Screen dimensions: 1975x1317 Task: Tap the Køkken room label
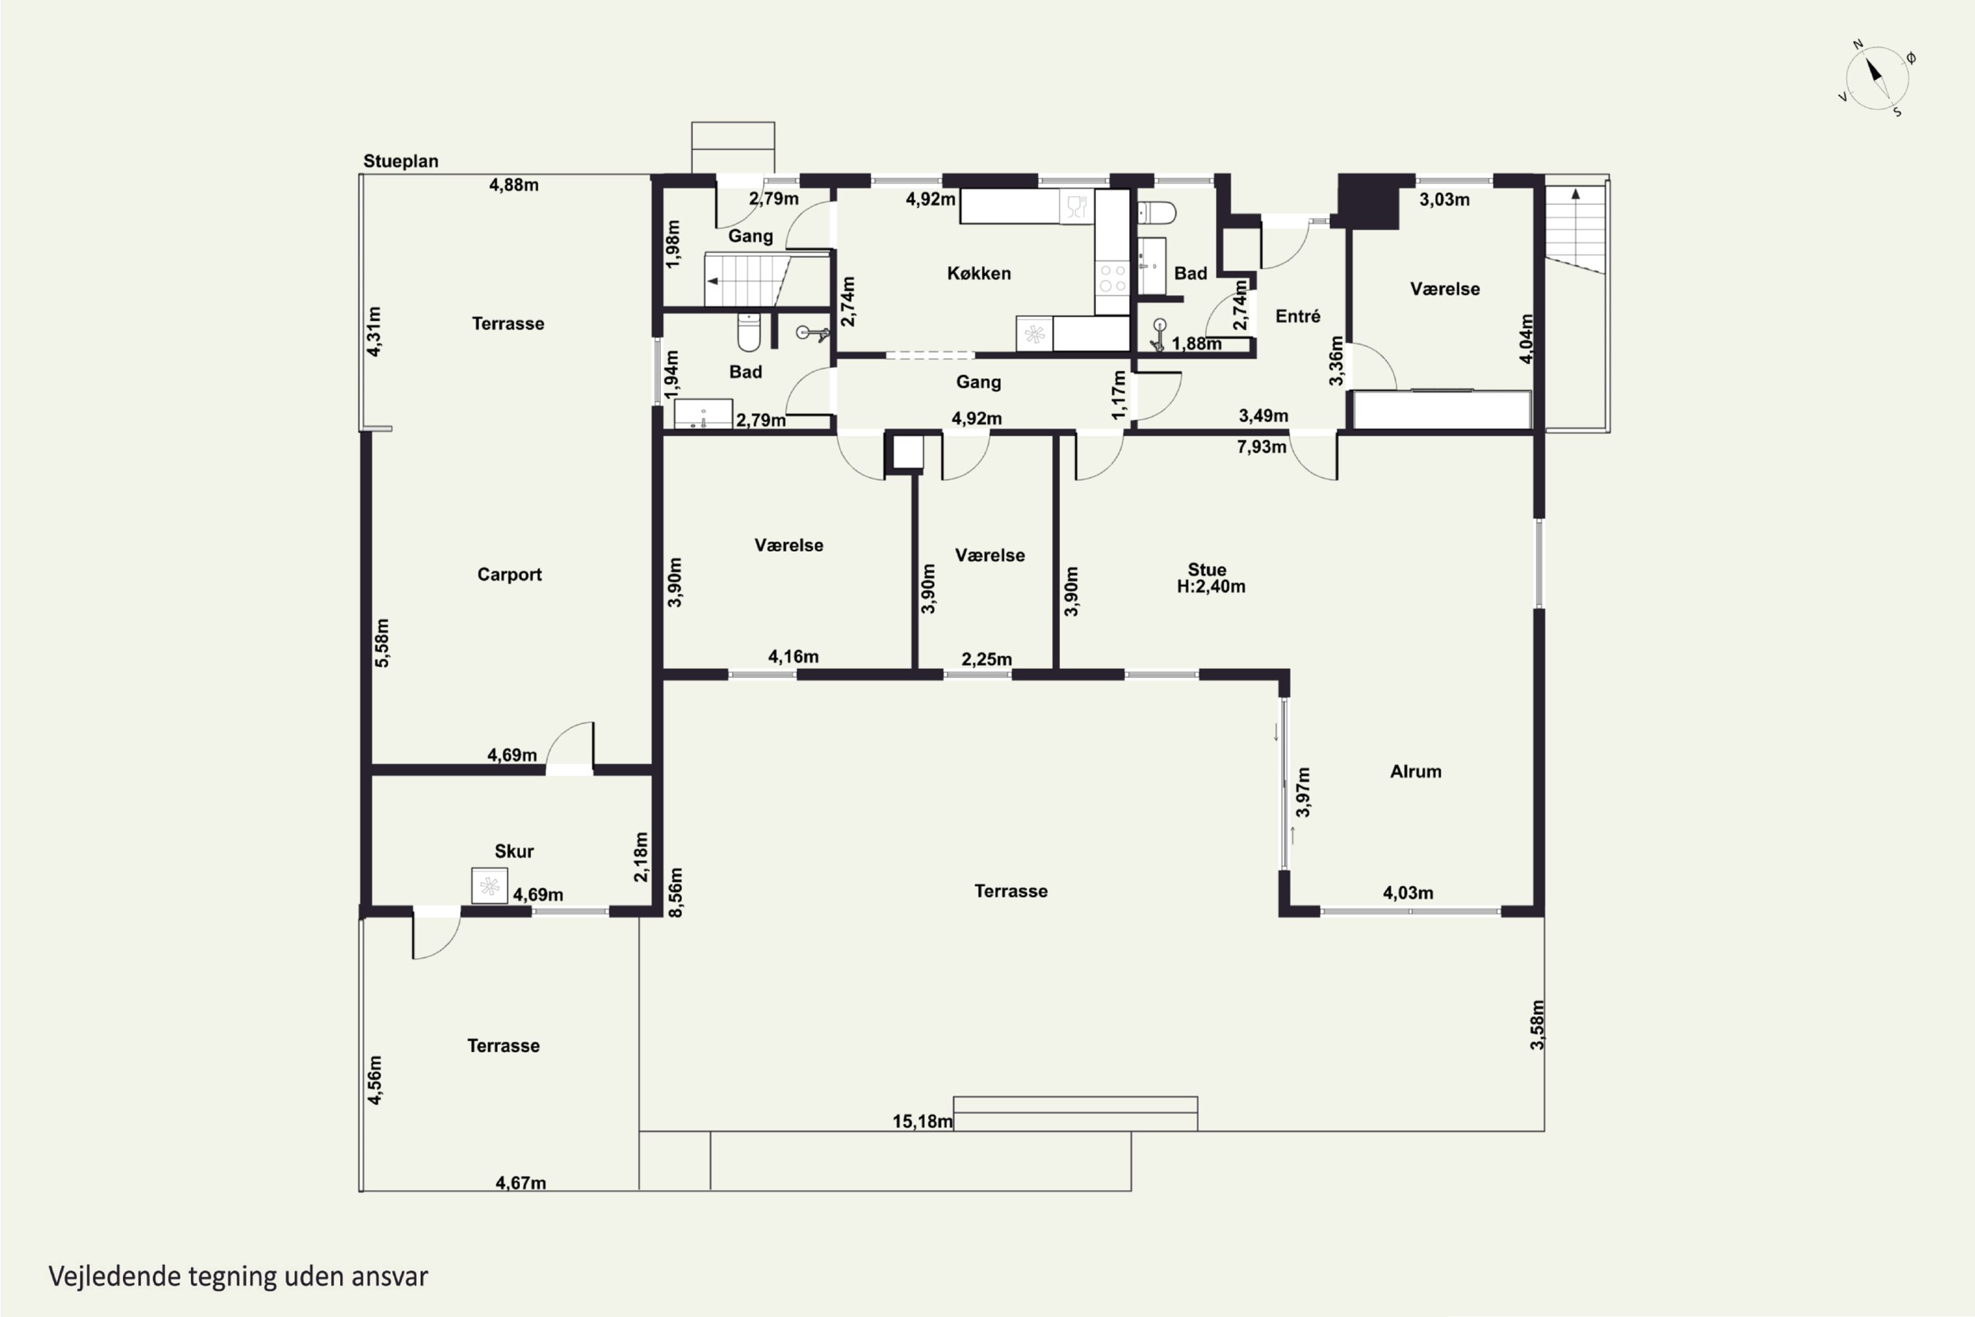tap(978, 273)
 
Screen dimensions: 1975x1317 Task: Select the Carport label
tap(509, 574)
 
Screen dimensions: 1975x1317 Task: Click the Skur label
tap(514, 851)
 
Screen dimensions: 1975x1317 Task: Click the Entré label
tap(1298, 316)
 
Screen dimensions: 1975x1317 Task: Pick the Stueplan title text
tap(400, 161)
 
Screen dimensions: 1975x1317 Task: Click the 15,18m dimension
tap(922, 1121)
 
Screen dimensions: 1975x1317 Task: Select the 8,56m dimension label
tap(675, 892)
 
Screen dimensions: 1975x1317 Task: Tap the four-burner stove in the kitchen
tap(1113, 278)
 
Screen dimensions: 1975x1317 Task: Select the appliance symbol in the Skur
tap(490, 885)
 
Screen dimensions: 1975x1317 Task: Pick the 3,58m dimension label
tap(1537, 1025)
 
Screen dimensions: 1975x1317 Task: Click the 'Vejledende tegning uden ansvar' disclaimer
tap(238, 1276)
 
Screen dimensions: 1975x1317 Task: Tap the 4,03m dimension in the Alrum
tap(1408, 893)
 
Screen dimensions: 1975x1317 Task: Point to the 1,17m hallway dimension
tap(1119, 394)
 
